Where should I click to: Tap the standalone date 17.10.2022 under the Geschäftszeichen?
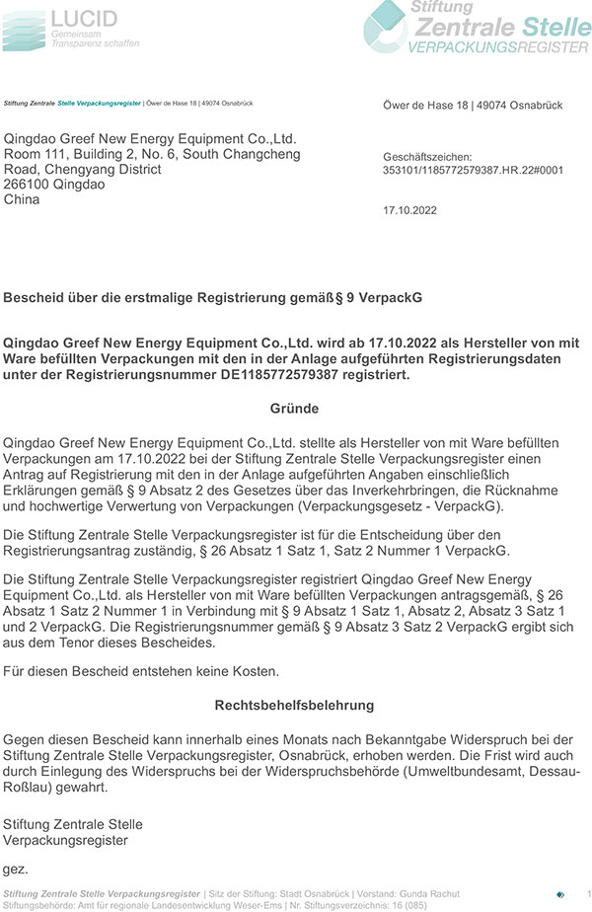pos(409,210)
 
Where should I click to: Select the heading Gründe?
pos(294,408)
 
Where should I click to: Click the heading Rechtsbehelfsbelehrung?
pos(294,705)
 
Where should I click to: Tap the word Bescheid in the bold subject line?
pos(35,296)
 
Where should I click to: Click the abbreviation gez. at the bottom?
pos(16,870)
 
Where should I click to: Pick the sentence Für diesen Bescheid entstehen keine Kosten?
pos(141,672)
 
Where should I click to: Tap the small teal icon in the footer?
pos(560,894)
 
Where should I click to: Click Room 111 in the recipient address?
pos(37,154)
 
